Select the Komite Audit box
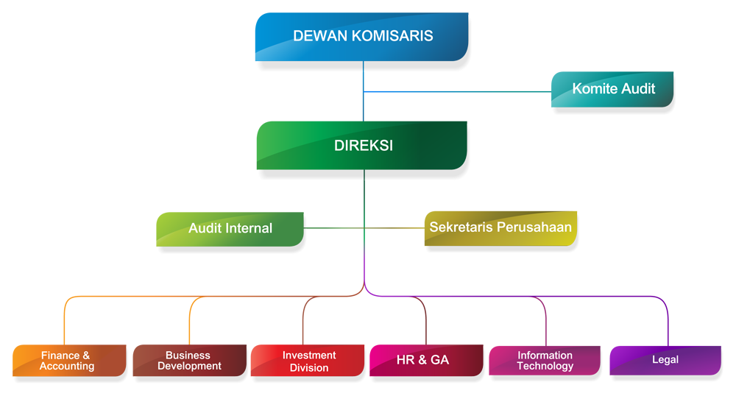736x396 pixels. coord(612,90)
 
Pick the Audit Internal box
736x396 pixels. coord(230,227)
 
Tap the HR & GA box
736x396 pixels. coord(422,360)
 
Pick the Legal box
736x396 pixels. coord(665,360)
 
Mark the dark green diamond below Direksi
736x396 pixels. coord(364,204)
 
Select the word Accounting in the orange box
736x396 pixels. coord(67,366)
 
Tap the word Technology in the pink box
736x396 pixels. coord(545,366)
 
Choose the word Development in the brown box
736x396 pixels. coord(189,366)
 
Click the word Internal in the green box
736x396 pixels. coord(249,228)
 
